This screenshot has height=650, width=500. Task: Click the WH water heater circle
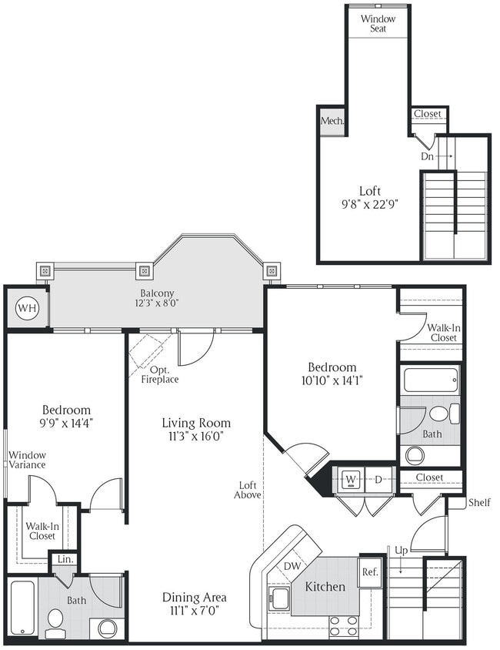[27, 308]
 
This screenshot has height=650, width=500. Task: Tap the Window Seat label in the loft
[378, 23]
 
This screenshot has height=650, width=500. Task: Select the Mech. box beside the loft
[332, 122]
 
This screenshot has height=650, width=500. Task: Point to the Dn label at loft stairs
[428, 156]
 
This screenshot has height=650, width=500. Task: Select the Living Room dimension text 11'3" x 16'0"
[196, 437]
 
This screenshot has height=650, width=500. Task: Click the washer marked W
[350, 479]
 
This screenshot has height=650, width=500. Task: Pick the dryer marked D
[379, 479]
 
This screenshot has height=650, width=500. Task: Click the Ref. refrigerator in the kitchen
[369, 572]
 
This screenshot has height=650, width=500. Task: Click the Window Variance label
[28, 460]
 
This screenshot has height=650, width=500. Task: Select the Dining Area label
[194, 604]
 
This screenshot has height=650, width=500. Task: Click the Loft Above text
[247, 489]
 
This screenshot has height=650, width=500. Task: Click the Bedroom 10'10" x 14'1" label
[332, 374]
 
